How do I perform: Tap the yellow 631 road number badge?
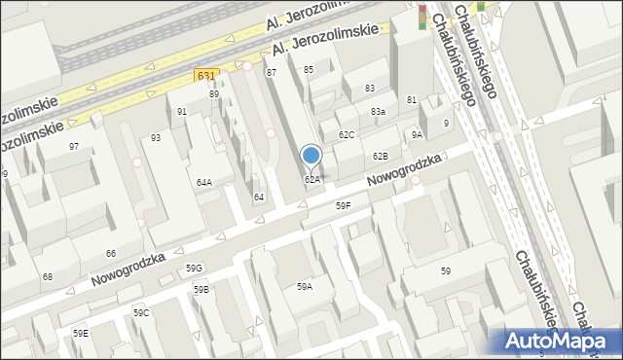[205, 75]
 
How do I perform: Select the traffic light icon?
[422, 17]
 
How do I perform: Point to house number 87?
[272, 73]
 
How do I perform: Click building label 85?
[309, 69]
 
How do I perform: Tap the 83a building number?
[378, 112]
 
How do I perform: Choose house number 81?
[412, 100]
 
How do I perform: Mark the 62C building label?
[347, 134]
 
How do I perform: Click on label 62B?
[380, 156]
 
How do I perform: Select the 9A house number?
[417, 135]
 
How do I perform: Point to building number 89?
[214, 94]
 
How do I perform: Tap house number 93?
[156, 138]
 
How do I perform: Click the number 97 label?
[74, 146]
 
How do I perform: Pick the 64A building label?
[204, 182]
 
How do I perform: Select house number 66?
[111, 253]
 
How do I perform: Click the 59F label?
[344, 205]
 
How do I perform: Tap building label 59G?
[195, 268]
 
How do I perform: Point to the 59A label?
[305, 286]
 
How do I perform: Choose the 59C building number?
[141, 312]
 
